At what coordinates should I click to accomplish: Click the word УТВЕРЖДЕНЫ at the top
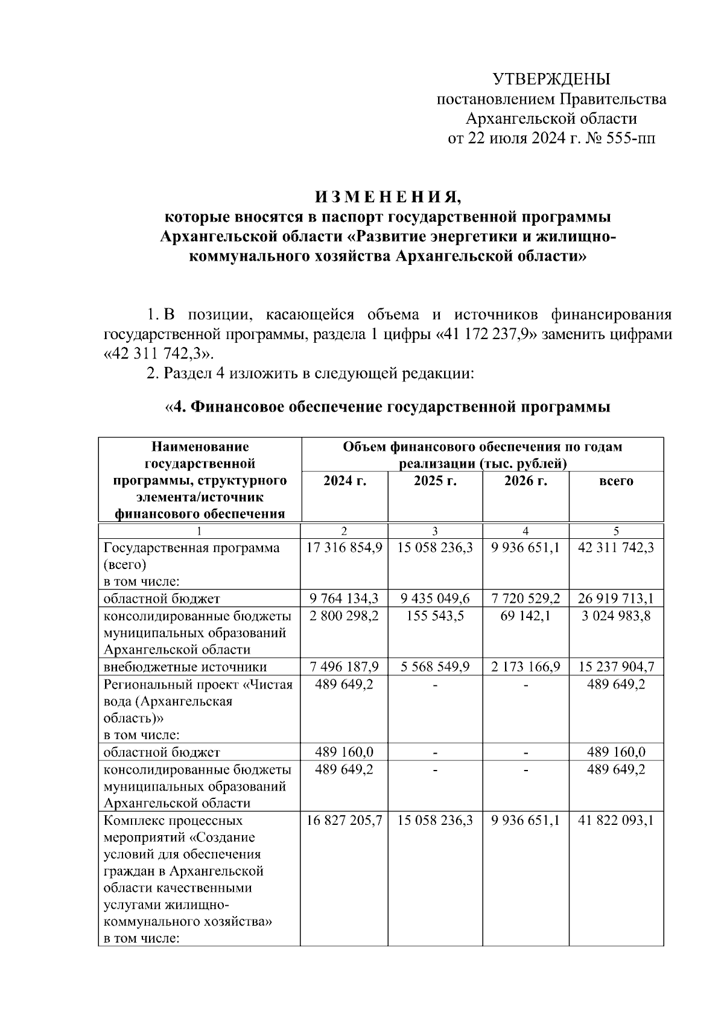pos(551,79)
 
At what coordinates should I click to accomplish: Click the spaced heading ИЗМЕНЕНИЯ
pos(388,197)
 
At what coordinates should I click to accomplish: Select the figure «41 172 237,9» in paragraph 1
pos(486,334)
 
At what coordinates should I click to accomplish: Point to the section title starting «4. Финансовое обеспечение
pos(387,407)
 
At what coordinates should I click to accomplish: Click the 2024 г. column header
pos(345,481)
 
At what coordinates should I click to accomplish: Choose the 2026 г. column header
pos(526,481)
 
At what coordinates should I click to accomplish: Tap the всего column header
pos(616,481)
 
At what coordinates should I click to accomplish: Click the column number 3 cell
pos(435,531)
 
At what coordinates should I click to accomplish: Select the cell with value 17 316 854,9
pos(345,548)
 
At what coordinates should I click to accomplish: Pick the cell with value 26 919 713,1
pos(616,599)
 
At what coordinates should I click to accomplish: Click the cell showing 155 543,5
pos(435,616)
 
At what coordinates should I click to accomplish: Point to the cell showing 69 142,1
pos(526,616)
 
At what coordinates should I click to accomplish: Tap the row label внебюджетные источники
pos(185,667)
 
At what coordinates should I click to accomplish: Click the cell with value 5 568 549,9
pos(435,667)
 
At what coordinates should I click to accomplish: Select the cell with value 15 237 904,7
pos(616,667)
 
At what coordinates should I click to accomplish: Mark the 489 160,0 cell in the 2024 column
pos(345,752)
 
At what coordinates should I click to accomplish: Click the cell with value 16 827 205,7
pos(345,821)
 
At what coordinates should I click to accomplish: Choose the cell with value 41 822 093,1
pos(616,821)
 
